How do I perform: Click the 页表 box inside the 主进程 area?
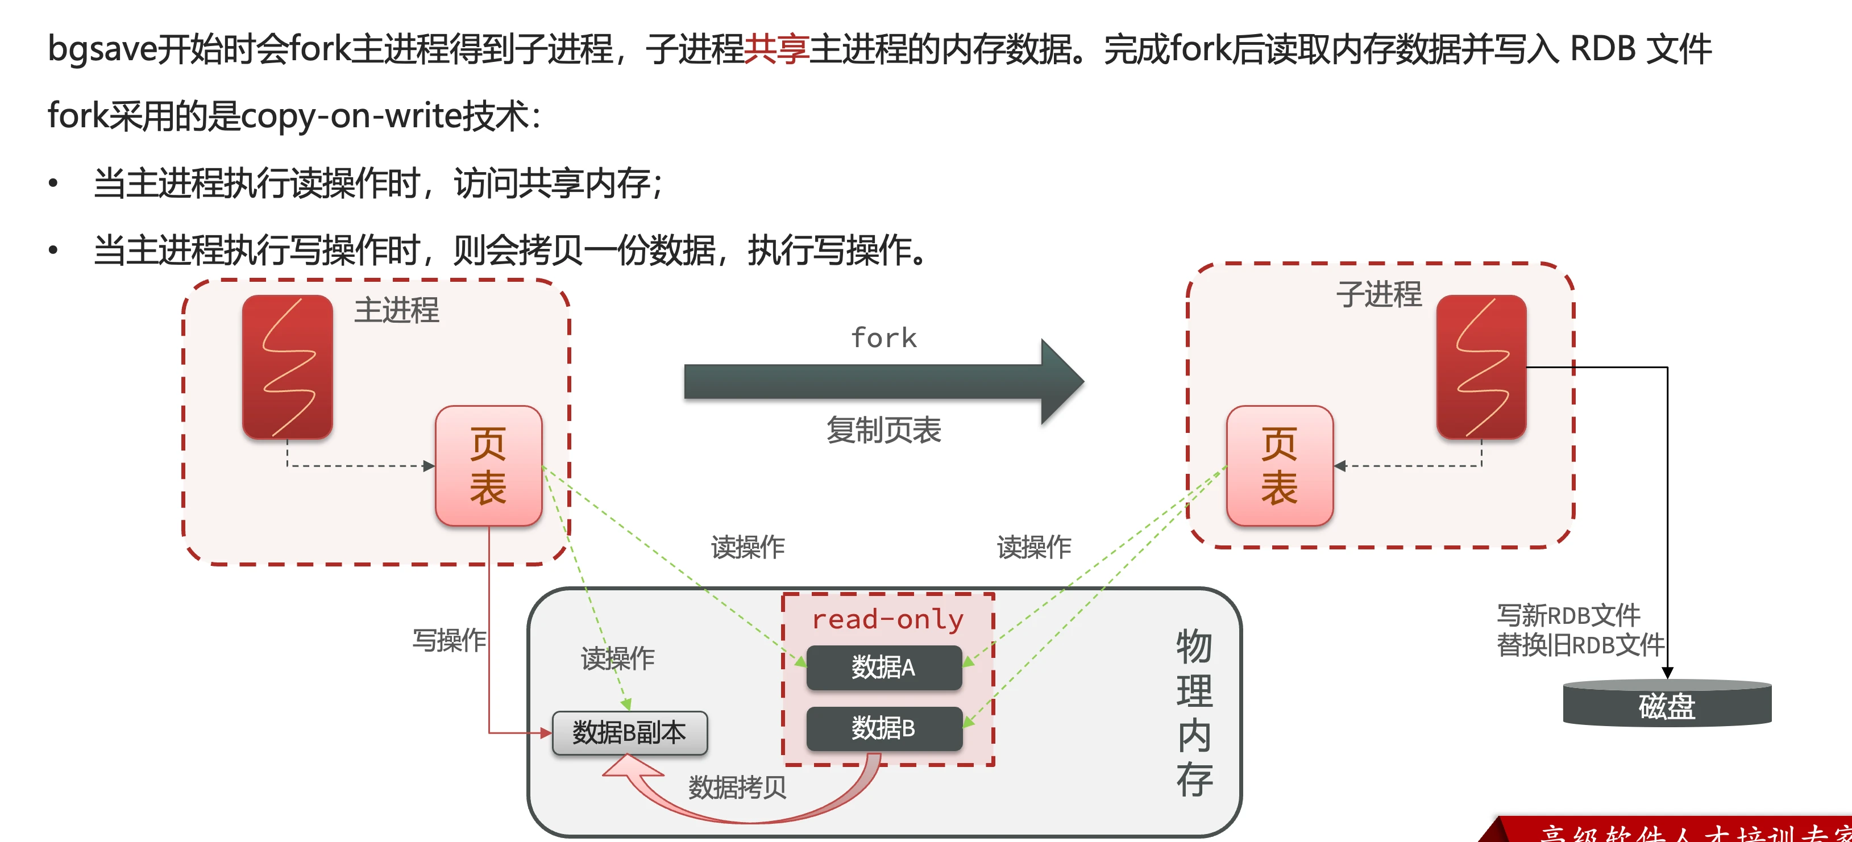(488, 465)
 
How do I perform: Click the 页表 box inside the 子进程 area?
(1279, 465)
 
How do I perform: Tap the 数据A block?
(883, 668)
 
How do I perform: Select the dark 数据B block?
(883, 728)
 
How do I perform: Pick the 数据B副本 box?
(629, 733)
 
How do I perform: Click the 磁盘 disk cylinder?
(1667, 705)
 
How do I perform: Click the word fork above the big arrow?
(883, 337)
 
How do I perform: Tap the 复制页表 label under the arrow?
(883, 430)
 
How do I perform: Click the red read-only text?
(887, 619)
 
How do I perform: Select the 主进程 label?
(396, 310)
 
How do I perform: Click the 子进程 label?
(1378, 294)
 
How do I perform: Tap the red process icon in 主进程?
(288, 366)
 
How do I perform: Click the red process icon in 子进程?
(1481, 366)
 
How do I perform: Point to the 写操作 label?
(449, 639)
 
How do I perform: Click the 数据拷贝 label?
(737, 787)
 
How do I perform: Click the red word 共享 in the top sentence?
(776, 49)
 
